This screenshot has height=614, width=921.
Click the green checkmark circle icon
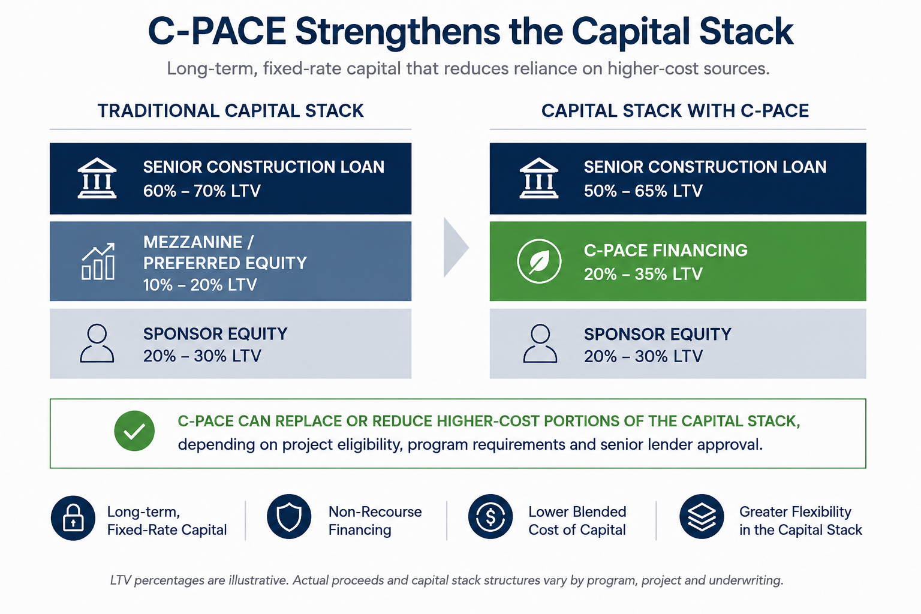[134, 431]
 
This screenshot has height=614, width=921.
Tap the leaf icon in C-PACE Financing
[539, 261]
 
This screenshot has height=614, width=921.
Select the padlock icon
[73, 518]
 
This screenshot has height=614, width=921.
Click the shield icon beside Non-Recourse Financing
[289, 516]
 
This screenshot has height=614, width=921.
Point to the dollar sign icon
[490, 516]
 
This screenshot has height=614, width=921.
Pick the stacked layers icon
[702, 516]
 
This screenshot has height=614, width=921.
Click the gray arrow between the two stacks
[456, 248]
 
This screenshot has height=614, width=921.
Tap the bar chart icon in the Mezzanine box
[98, 261]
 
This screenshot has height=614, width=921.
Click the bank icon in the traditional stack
[97, 178]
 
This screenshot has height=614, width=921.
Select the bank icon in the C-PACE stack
[538, 178]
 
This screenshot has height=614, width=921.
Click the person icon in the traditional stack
[97, 344]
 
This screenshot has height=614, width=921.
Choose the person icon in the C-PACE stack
[540, 344]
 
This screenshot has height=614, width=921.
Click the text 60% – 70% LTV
[202, 191]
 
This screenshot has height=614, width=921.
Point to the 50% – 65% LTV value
[643, 191]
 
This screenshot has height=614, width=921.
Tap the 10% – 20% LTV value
[200, 285]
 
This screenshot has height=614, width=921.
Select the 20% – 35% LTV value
[643, 274]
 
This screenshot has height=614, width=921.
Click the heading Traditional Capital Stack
[231, 111]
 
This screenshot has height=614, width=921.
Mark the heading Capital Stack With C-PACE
[675, 111]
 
